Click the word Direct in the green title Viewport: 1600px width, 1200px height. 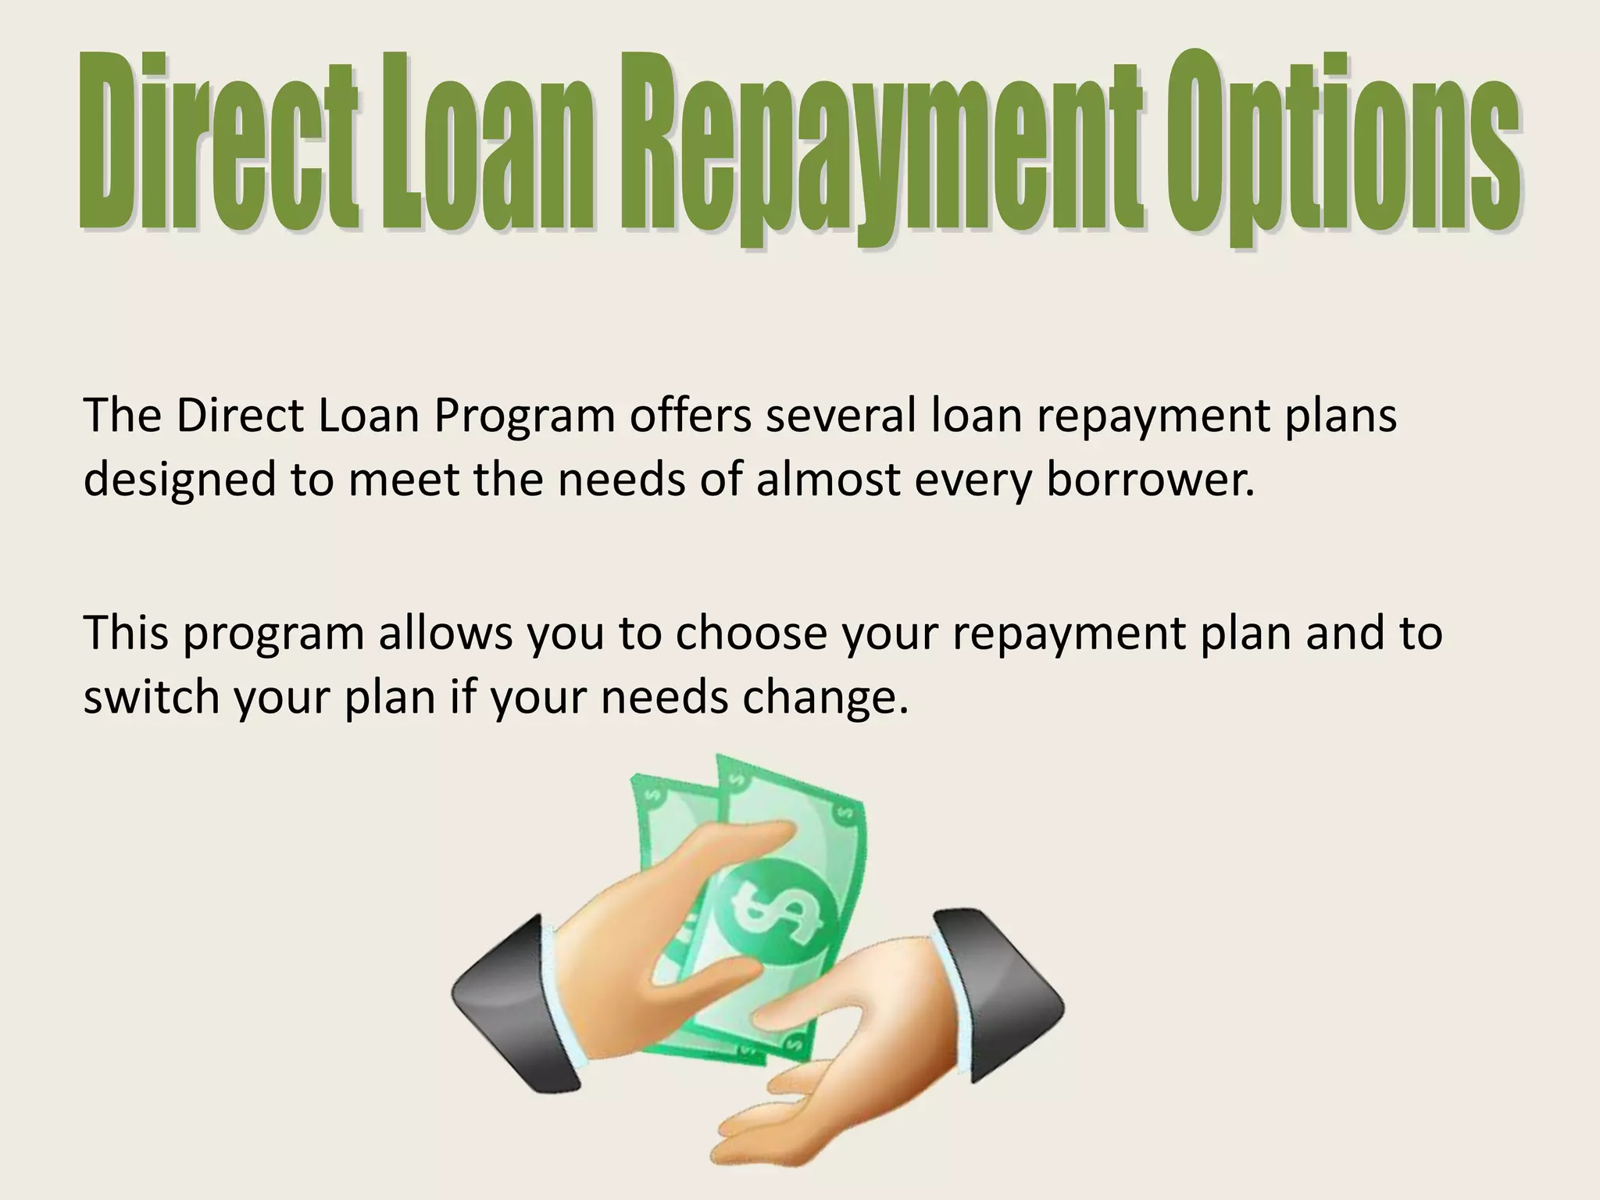click(219, 145)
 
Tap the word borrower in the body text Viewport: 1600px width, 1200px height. click(1149, 480)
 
